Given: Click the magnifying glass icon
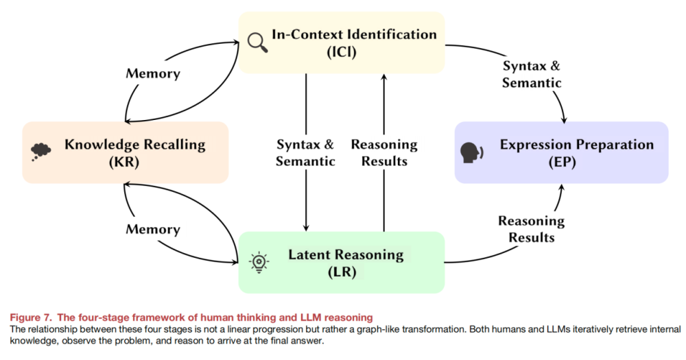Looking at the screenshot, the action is point(257,42).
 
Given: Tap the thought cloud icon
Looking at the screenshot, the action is point(40,152).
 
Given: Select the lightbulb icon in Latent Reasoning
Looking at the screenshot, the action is point(259,263).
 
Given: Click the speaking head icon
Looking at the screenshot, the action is point(472,153).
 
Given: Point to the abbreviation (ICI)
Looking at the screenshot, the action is point(342,51).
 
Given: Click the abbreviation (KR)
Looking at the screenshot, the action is point(124,162).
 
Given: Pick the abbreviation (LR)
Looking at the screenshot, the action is point(342,272).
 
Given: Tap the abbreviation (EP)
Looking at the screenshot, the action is point(563,162).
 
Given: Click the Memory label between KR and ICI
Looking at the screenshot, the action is point(153,73).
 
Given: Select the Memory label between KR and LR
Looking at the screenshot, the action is point(153,229).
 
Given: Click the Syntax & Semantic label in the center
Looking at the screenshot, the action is point(305,153).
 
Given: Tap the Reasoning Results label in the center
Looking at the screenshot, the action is point(384,153).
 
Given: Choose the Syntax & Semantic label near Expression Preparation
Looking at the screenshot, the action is point(532,74).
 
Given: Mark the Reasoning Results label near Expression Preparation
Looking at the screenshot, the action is point(532,229).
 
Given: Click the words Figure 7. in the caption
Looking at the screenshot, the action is point(31,317).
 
